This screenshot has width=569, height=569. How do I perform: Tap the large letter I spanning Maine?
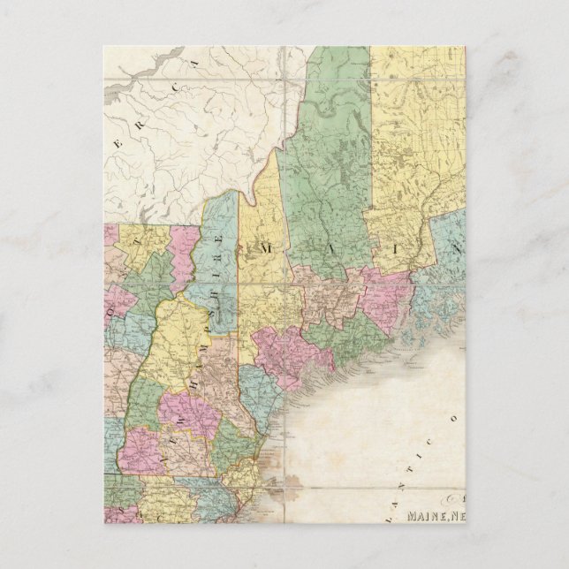[x=390, y=251]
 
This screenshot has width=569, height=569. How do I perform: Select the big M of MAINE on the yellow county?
[x=265, y=252]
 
